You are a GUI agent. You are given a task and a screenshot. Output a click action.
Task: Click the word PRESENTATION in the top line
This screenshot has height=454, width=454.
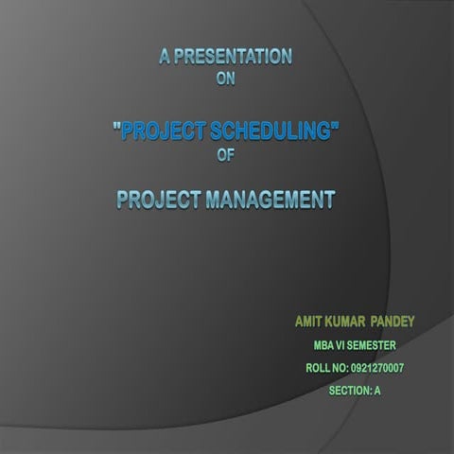234,57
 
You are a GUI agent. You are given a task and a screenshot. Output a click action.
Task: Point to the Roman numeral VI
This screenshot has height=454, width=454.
348,346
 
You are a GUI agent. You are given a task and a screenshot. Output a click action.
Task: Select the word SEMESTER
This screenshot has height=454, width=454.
381,346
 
